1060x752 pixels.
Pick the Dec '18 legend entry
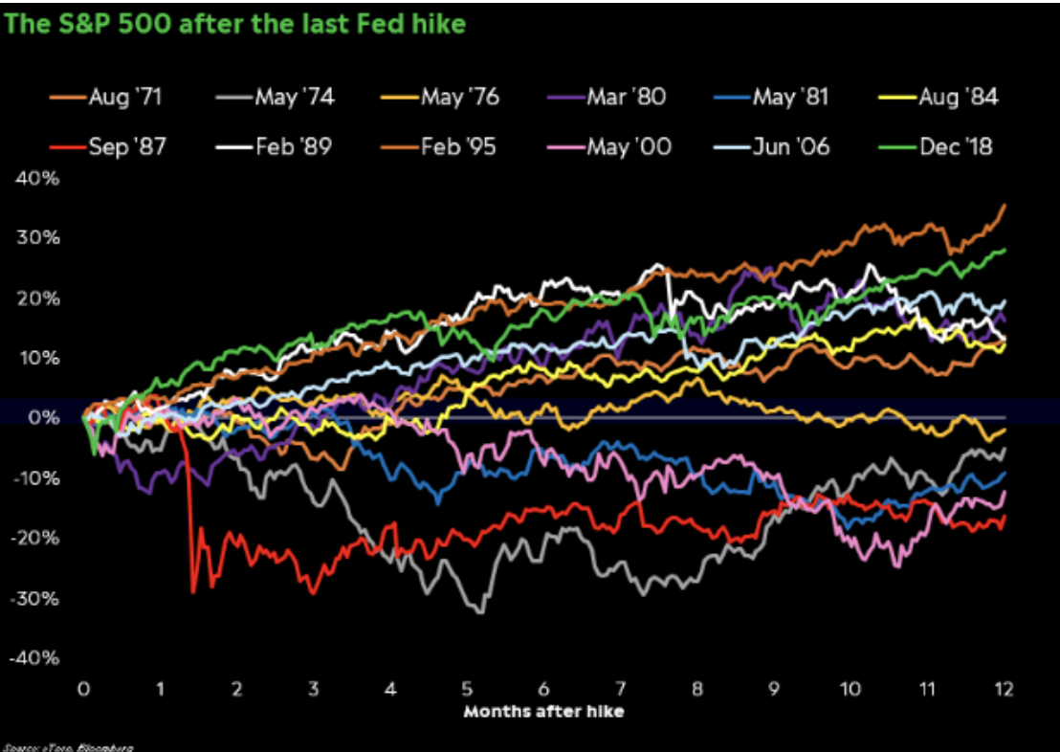[942, 147]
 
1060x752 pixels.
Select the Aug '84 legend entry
[943, 97]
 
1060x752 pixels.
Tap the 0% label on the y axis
[43, 418]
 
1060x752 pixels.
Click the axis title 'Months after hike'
[544, 712]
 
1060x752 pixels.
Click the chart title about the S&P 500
[234, 23]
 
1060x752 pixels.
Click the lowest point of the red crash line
[193, 593]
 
